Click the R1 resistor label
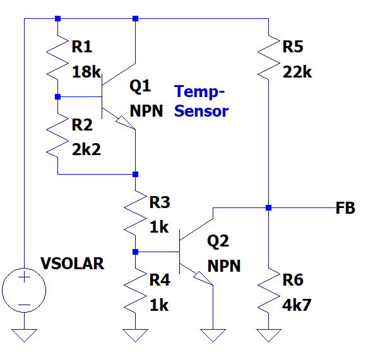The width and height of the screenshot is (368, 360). pos(81,47)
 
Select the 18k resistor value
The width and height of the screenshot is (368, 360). pos(86,72)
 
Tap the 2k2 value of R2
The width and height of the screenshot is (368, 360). pos(86,149)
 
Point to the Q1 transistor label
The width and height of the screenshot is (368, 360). pos(140,86)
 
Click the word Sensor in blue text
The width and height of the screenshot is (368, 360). pos(201,111)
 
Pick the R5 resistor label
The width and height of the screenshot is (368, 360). pos(293,47)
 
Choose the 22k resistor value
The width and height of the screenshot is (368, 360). pos(297,72)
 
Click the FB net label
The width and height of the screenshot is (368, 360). pos(345,208)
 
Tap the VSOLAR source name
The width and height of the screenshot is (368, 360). pos(73,264)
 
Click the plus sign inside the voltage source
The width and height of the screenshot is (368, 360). pos(24,278)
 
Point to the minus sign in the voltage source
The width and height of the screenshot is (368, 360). pos(24,305)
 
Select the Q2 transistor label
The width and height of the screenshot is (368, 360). pos(218,241)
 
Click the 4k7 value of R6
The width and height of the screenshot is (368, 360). pos(297,305)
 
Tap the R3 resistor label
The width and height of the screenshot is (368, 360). pos(160,202)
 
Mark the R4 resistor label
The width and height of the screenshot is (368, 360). pos(160,280)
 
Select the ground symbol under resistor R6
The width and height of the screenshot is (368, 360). pos(269,335)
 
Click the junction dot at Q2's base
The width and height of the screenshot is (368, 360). pos(136,252)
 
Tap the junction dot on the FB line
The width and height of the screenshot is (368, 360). pos(269,207)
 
